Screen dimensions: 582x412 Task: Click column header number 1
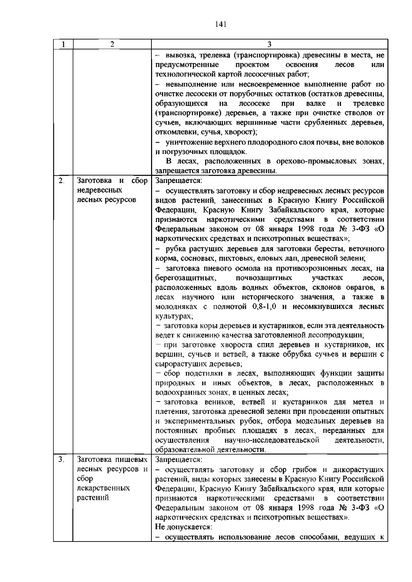(63, 45)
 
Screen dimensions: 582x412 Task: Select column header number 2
(112, 45)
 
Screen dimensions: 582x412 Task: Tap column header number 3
(270, 45)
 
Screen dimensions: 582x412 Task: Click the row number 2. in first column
(61, 181)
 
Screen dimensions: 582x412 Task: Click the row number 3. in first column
(61, 459)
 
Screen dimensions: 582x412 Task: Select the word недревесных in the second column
(100, 190)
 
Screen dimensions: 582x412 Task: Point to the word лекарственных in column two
(103, 488)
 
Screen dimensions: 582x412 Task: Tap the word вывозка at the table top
(180, 55)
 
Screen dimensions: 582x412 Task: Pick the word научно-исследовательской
(272, 440)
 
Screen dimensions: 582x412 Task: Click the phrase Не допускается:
(183, 526)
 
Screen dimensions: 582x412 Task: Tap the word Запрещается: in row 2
(179, 181)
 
